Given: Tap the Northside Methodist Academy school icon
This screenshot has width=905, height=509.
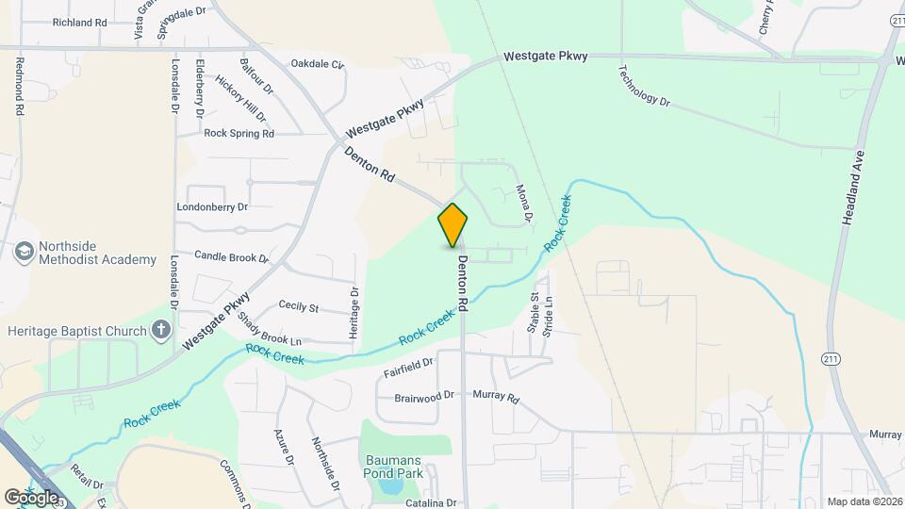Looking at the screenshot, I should coord(24,252).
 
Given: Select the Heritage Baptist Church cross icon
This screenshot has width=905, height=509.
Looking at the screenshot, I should coord(162,330).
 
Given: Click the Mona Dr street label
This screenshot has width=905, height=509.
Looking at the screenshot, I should coord(524,203).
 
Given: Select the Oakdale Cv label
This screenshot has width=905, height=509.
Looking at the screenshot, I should coord(318,64).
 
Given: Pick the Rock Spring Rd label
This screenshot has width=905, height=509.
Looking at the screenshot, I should coord(239,134).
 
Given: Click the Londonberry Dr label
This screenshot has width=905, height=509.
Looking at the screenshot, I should coord(212,206).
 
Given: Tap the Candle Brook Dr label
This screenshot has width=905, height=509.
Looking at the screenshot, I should coord(231,256).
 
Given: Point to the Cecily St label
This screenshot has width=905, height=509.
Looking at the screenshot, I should coord(299,307).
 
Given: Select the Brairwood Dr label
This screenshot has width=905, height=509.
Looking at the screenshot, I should coord(424,398).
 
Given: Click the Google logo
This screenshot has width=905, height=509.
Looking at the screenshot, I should coord(31,497).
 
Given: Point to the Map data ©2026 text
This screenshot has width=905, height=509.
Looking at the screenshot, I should coord(864,501).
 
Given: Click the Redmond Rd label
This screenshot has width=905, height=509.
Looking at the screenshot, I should coord(19,85).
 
